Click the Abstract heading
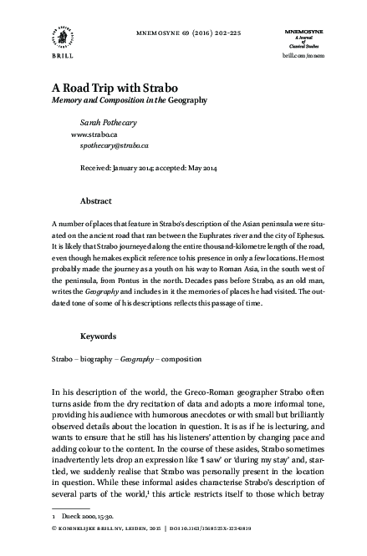[x=95, y=201]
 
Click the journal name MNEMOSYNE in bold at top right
[x=298, y=29]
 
